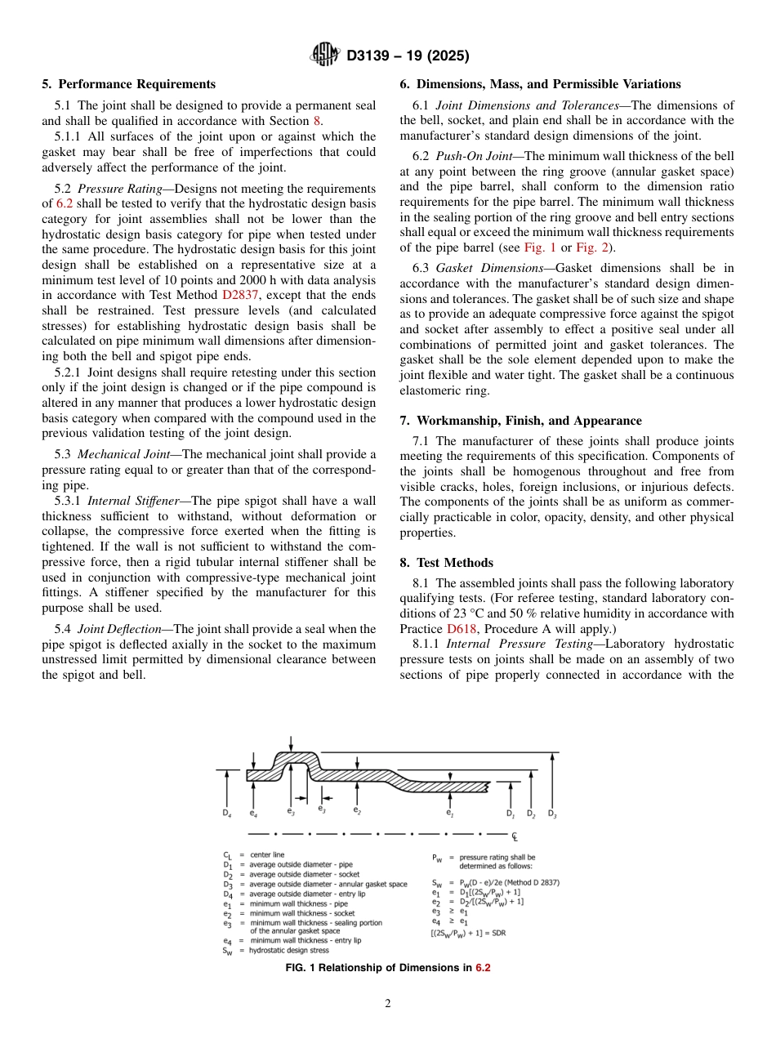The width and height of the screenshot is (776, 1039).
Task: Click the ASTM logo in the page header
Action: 325,56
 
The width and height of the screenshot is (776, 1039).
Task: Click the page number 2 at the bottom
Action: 388,1004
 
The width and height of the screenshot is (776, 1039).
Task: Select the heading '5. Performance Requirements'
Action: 129,84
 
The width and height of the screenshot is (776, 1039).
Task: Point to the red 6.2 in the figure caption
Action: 483,968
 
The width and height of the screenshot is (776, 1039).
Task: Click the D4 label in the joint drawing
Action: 226,813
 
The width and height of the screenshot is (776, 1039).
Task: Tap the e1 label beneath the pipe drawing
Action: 450,813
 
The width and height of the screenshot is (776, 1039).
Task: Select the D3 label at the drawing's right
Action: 552,814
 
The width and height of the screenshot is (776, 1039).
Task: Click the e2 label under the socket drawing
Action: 357,809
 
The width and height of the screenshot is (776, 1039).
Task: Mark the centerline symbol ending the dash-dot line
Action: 515,836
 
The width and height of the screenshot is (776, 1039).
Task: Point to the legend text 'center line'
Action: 268,854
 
